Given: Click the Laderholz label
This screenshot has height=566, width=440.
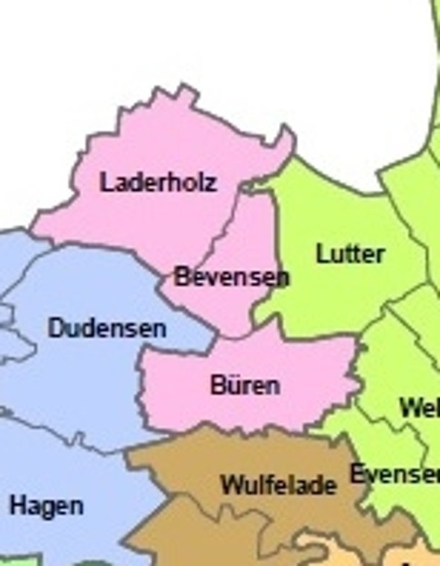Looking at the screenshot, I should [x=158, y=182].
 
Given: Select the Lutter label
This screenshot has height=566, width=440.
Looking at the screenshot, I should [x=351, y=254].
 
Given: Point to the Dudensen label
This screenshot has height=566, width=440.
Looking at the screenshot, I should [x=107, y=328].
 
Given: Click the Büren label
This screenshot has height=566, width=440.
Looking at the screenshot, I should [x=245, y=386].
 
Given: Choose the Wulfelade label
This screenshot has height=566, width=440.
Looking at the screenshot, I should [x=278, y=485].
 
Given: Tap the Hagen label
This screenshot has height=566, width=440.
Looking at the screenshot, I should [x=45, y=506].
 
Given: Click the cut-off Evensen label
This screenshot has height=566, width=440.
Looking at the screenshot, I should [x=394, y=474].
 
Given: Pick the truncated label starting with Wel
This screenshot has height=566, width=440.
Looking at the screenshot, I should [x=419, y=408].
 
